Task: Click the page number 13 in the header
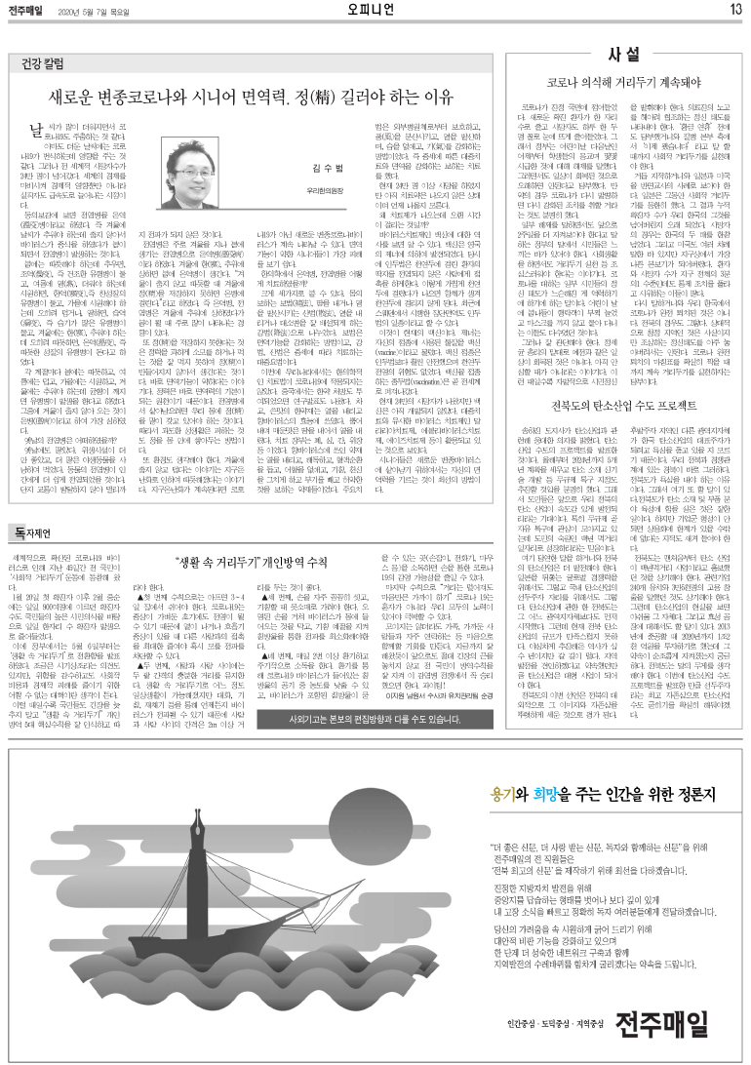coord(735,10)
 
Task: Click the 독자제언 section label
coord(33,559)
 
